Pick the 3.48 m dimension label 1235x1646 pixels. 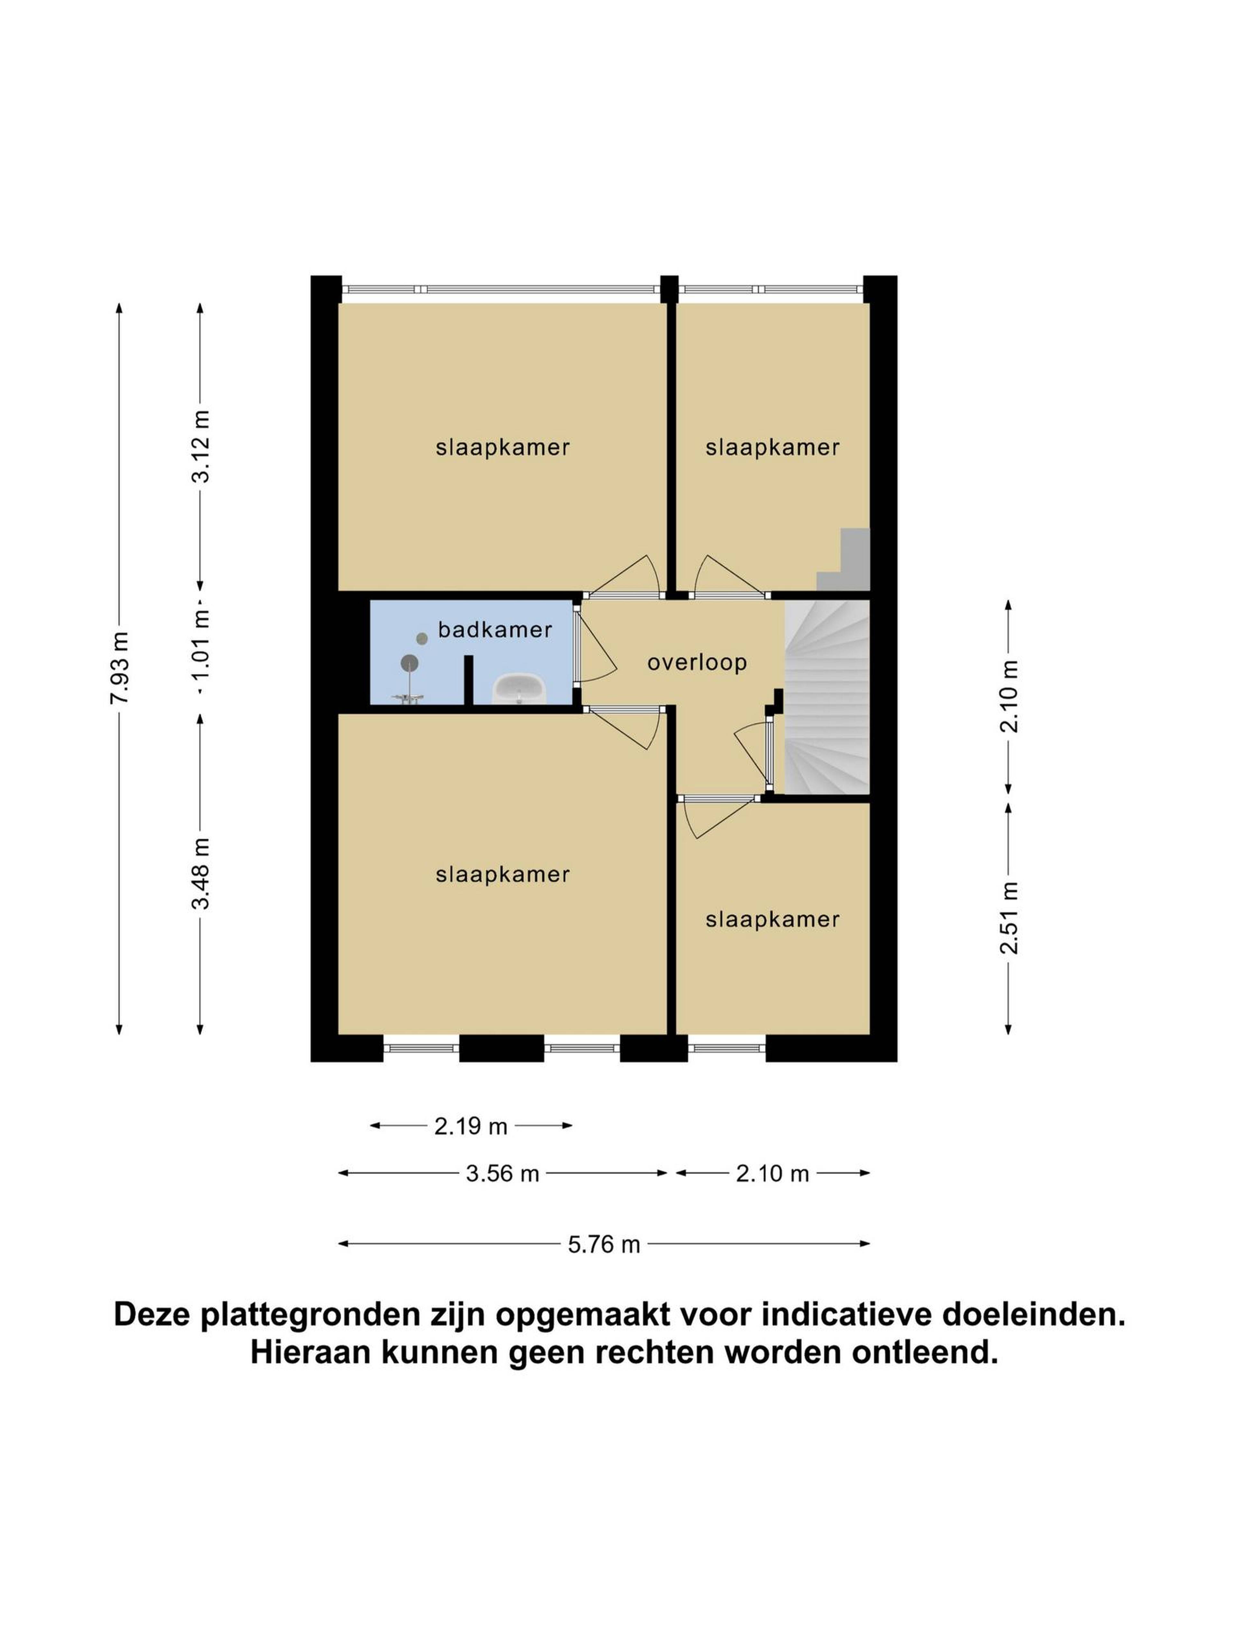tap(201, 873)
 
